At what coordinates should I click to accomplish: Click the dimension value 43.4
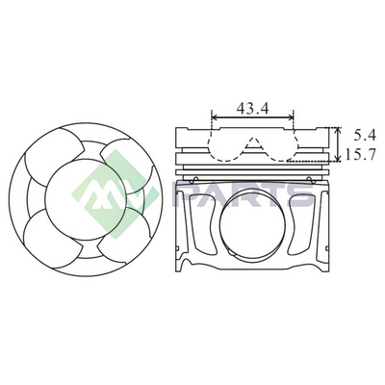252,109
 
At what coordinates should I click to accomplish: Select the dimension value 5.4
365,136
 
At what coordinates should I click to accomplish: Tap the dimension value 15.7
361,155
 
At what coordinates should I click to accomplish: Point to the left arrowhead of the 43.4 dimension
216,118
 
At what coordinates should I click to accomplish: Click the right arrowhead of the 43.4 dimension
290,118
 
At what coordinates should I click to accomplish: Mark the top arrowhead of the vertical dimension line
337,131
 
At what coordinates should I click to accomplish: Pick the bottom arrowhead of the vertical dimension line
337,158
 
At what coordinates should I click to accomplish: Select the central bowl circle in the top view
44,199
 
